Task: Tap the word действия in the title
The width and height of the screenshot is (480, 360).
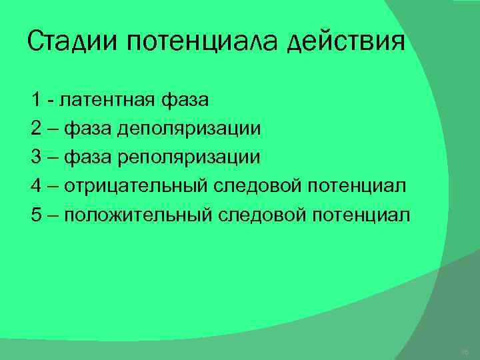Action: [x=347, y=44]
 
